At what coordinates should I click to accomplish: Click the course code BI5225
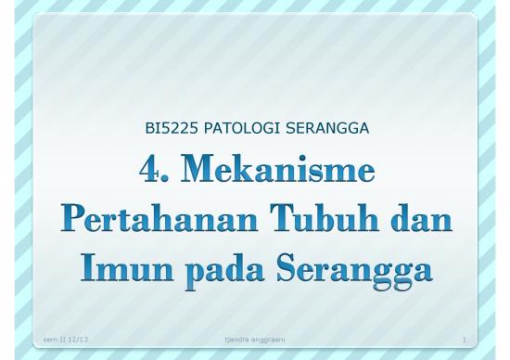point(167,127)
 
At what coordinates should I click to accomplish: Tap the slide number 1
point(463,341)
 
